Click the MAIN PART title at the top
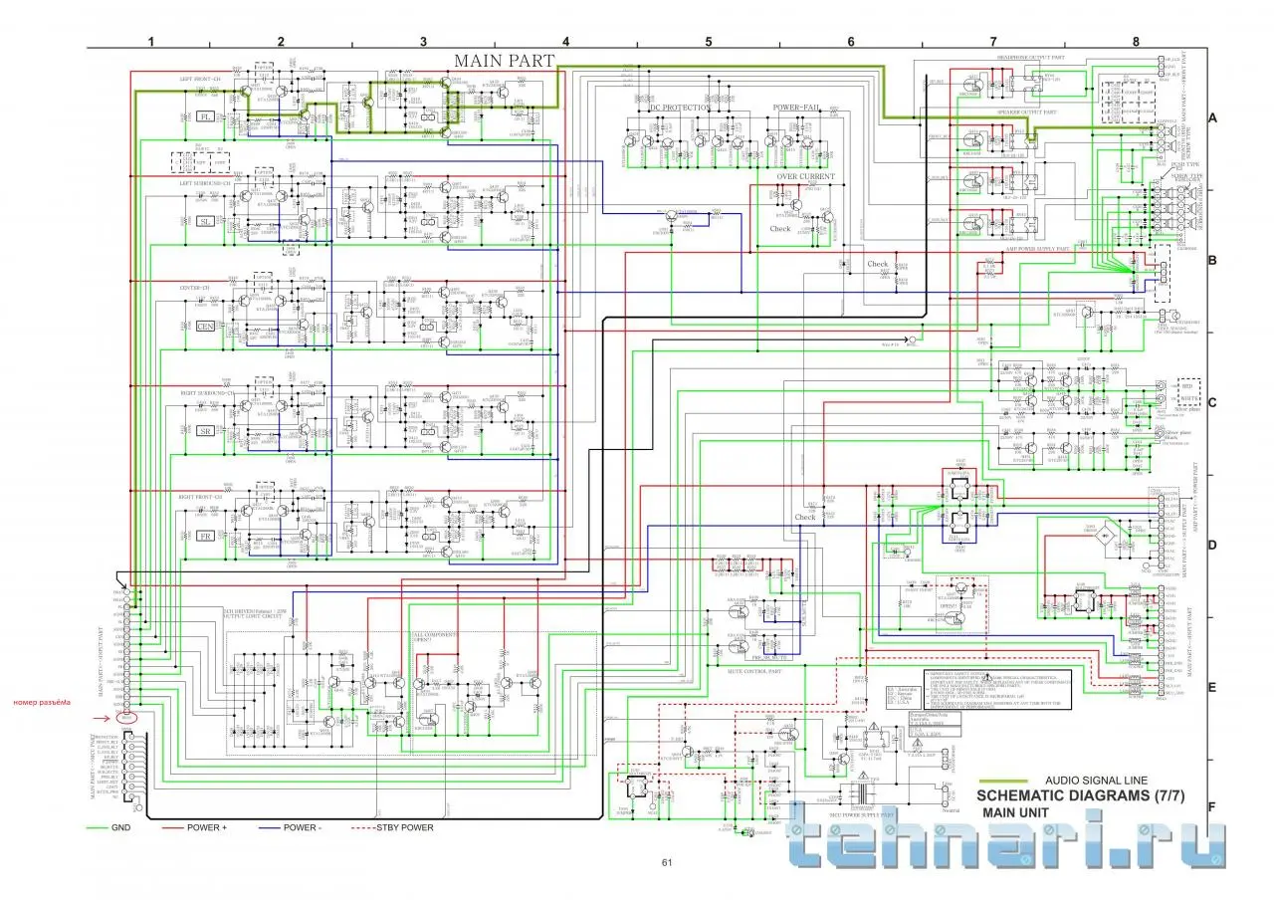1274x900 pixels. (x=504, y=61)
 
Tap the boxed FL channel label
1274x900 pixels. (x=206, y=116)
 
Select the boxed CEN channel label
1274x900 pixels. (x=206, y=327)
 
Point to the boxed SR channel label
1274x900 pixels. (x=206, y=431)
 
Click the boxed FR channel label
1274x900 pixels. (x=206, y=537)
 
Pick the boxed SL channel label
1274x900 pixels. (x=206, y=221)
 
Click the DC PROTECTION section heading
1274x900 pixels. (x=680, y=108)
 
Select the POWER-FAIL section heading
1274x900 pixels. (x=796, y=108)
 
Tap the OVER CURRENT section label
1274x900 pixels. (x=805, y=176)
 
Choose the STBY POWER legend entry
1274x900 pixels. (x=404, y=827)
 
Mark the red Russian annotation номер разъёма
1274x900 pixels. (x=43, y=705)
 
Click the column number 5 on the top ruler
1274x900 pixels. (x=708, y=42)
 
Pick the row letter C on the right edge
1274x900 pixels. (x=1212, y=402)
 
